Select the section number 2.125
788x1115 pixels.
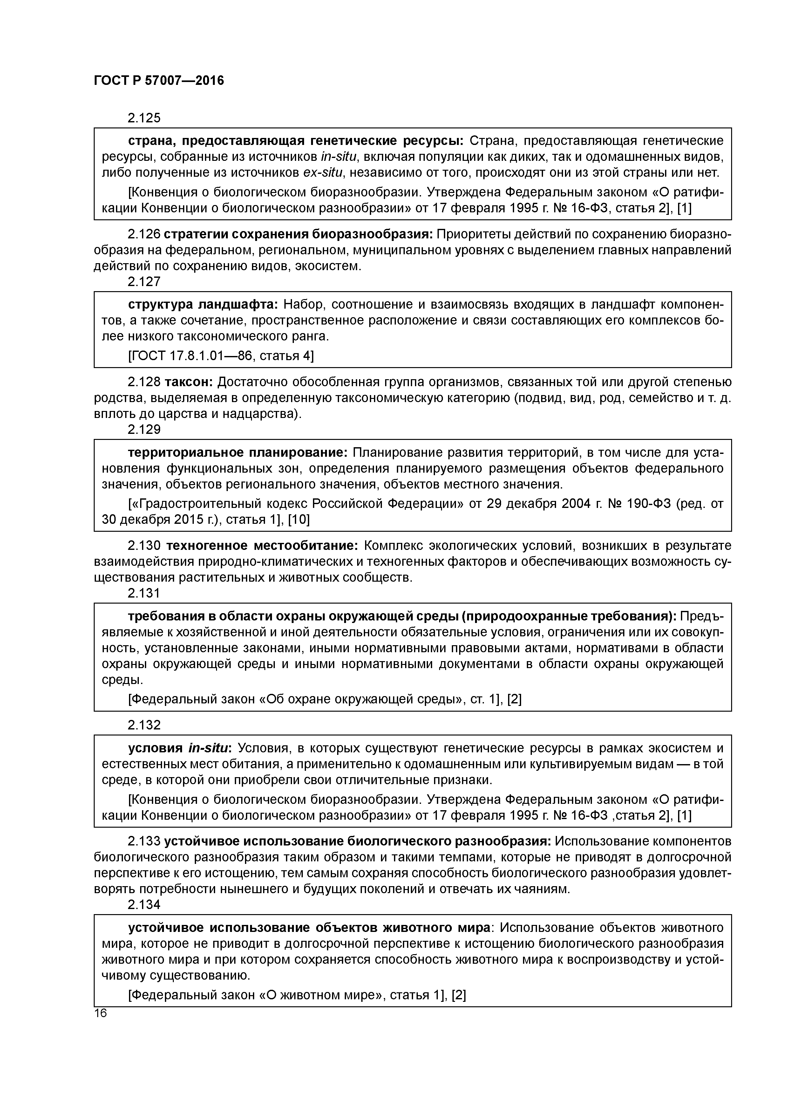(x=144, y=118)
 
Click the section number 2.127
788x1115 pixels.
(x=144, y=282)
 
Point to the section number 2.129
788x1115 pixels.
(x=144, y=429)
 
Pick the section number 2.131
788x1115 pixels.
(x=144, y=593)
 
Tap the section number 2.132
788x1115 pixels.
(x=144, y=725)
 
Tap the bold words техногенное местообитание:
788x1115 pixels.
(x=262, y=546)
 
